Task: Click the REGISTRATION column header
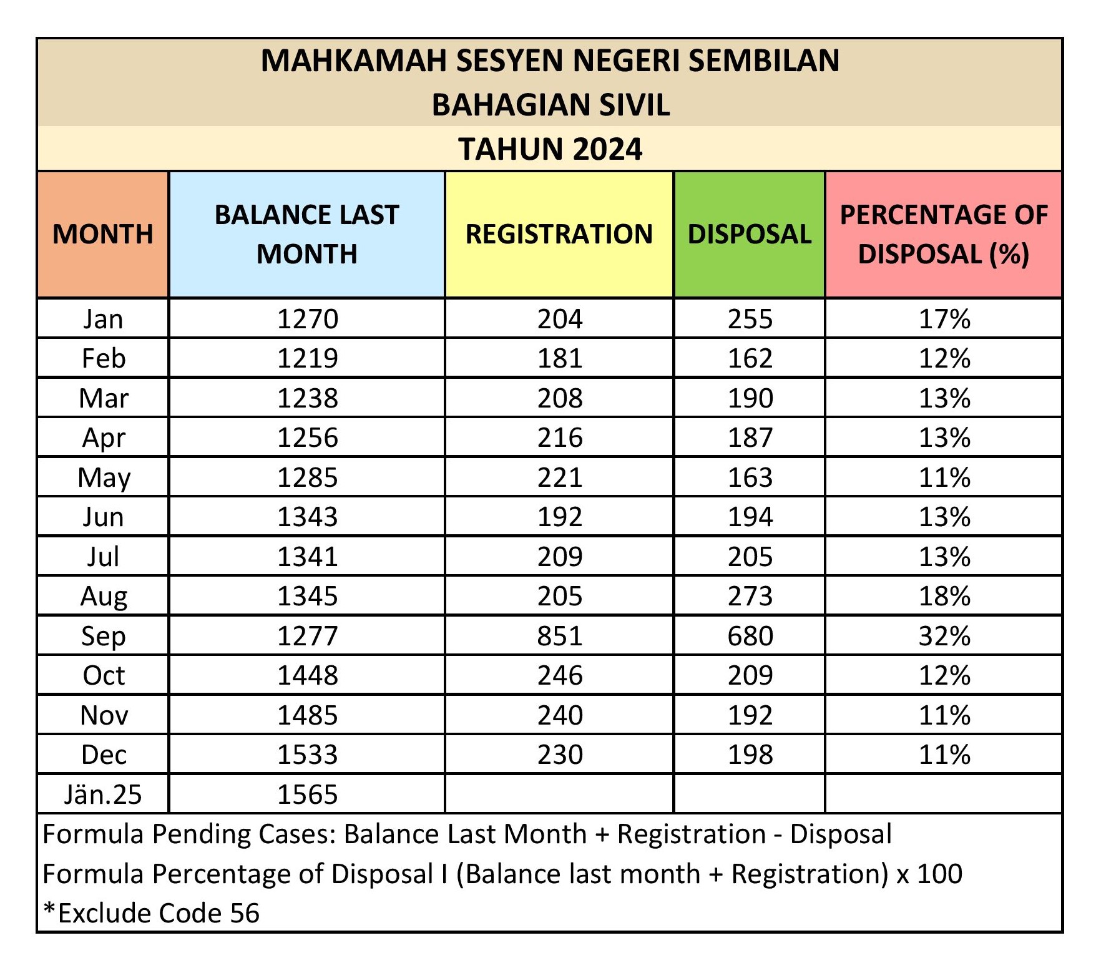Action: [559, 234]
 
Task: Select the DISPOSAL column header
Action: [749, 234]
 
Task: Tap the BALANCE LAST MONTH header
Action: [306, 234]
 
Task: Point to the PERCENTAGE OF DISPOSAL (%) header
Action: [943, 234]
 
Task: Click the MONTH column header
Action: [103, 234]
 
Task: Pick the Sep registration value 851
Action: [560, 636]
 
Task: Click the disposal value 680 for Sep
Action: [750, 636]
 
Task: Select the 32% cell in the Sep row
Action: [944, 636]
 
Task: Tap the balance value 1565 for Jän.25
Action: [307, 794]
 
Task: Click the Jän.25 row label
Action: [103, 794]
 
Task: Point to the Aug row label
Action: [104, 596]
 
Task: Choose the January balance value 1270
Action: [307, 319]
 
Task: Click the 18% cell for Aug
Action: [944, 596]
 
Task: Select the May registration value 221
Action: [560, 477]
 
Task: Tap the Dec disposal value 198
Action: [750, 755]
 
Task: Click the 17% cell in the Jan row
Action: [944, 319]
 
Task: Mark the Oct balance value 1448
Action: [307, 675]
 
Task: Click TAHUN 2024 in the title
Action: [550, 149]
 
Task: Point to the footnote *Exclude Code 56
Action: [151, 913]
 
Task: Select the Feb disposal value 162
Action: [750, 358]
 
